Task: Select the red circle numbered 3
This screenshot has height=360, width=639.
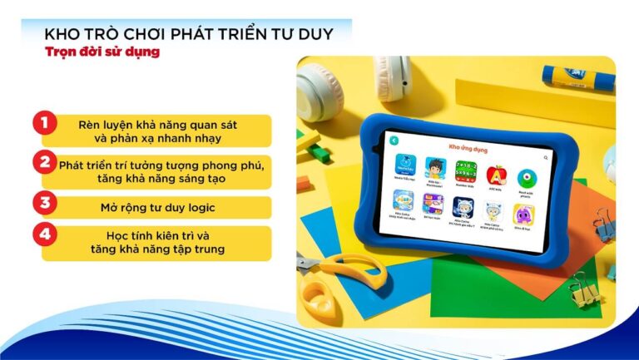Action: coord(44,202)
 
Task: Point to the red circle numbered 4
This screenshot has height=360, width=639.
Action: coord(44,236)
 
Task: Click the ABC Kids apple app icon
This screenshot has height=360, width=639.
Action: coord(496,175)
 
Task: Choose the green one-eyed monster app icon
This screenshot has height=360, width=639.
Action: coord(527,179)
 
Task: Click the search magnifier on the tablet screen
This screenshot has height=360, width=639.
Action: coord(546,156)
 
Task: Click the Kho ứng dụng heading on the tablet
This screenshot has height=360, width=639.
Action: coord(465,147)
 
